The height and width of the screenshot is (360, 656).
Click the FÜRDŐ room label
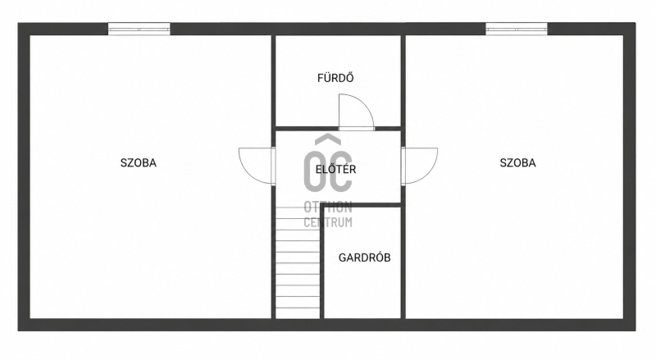click(x=335, y=78)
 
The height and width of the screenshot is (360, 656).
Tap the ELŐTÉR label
click(x=335, y=170)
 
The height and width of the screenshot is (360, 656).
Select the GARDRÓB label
click(x=364, y=257)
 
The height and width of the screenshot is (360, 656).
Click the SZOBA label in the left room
click(x=139, y=163)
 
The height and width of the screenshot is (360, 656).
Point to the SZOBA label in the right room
click(x=517, y=163)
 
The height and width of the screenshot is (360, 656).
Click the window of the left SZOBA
click(x=139, y=29)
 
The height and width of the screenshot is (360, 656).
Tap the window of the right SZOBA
click(x=517, y=29)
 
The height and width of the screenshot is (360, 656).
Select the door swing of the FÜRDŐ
click(x=356, y=112)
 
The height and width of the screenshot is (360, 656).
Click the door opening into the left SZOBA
click(x=257, y=166)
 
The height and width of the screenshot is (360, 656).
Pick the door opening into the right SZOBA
click(x=420, y=166)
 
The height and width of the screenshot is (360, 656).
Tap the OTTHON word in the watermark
click(x=328, y=207)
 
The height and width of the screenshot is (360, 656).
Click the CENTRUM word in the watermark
click(x=328, y=222)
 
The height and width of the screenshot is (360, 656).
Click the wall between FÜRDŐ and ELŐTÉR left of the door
click(x=307, y=129)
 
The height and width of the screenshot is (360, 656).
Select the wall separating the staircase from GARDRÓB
click(x=322, y=261)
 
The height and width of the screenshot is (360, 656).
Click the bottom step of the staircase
click(x=298, y=313)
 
